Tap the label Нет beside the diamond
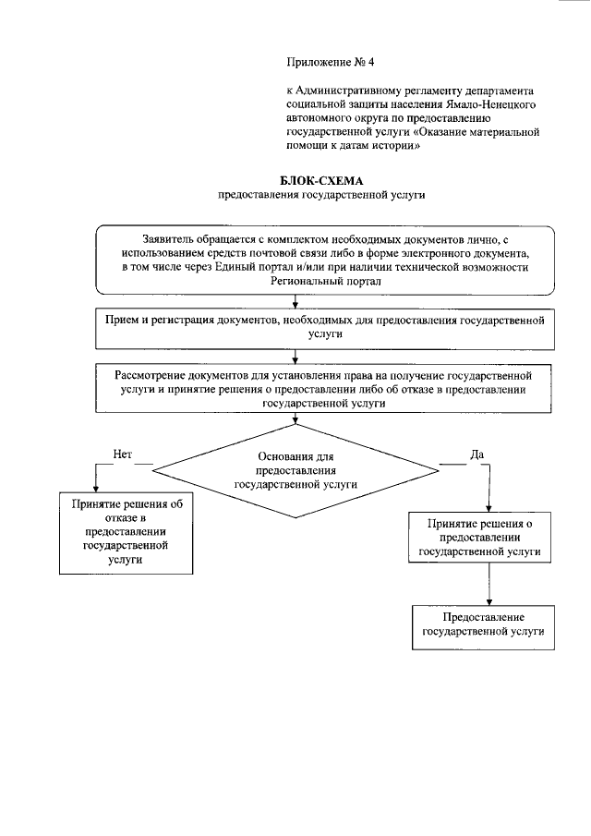point(123,454)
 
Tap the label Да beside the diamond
point(476,454)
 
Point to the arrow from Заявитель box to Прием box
point(295,301)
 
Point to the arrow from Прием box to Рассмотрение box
point(295,356)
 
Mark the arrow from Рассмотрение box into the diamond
point(295,418)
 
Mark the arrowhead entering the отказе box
point(92,490)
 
